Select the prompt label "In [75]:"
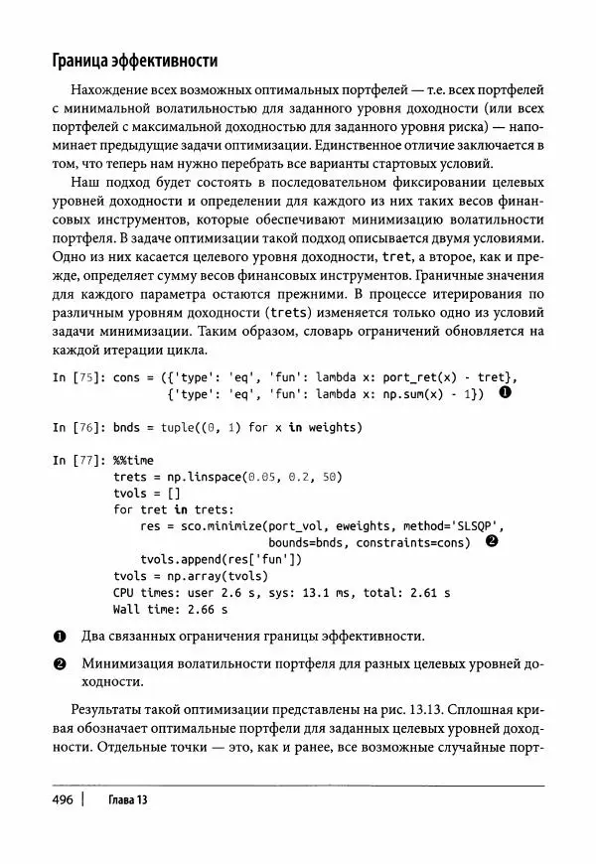(78, 377)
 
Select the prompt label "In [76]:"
(78, 427)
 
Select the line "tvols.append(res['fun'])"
(223, 559)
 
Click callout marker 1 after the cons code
(504, 393)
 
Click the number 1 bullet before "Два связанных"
(59, 636)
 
